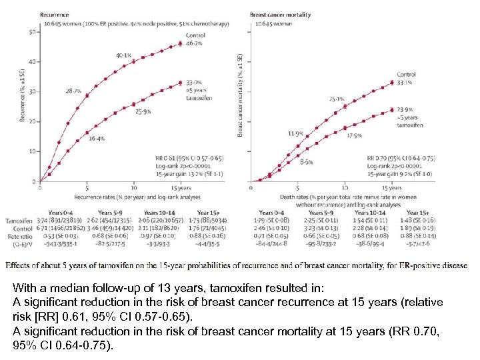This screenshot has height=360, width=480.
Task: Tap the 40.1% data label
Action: tap(124, 55)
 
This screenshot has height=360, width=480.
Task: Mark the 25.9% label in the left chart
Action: tap(143, 111)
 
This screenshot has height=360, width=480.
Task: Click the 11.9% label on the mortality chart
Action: tap(296, 133)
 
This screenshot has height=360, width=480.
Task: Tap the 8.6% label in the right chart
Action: tap(306, 162)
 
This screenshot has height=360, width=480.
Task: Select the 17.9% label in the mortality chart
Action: tap(354, 135)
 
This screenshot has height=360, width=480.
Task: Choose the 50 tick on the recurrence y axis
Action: tap(33, 32)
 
